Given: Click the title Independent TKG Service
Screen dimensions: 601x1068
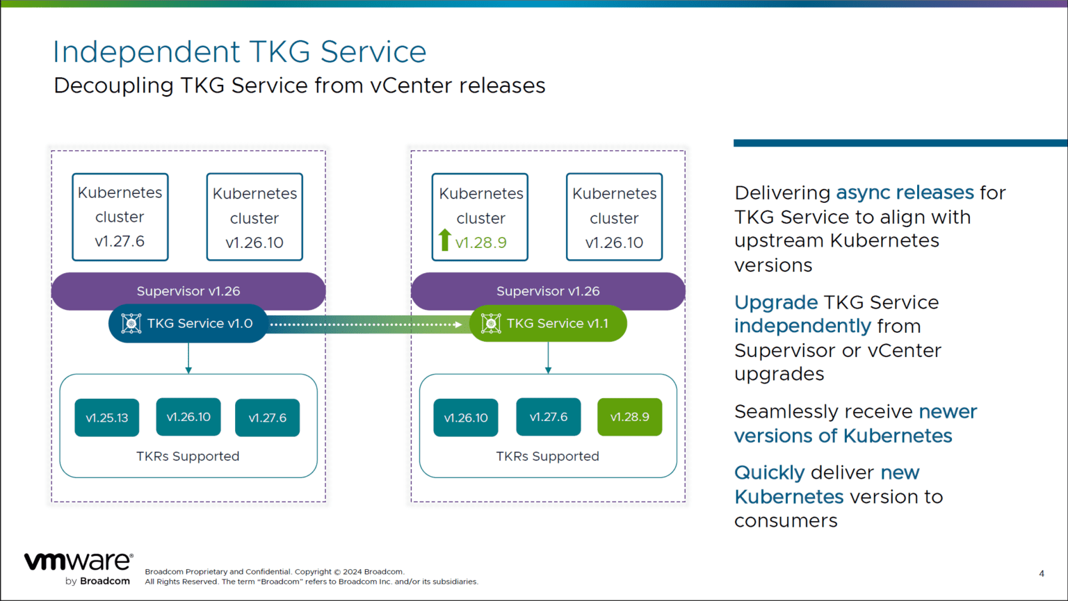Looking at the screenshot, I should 239,52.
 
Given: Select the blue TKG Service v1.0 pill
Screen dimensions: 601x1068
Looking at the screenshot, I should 188,324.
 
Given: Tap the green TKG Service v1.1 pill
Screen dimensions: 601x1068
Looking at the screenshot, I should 548,324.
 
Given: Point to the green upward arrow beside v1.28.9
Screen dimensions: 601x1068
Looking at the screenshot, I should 445,240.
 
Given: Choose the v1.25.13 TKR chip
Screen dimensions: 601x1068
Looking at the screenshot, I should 107,418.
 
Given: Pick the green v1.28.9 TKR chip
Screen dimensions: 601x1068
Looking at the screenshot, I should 629,417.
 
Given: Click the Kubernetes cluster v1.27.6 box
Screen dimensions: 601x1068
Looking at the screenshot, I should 120,217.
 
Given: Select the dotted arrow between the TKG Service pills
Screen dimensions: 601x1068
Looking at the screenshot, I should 366,324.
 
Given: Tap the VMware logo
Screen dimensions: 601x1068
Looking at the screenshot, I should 78,561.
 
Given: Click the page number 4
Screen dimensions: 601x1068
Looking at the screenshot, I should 1041,573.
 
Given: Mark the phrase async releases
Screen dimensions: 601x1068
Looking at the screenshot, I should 905,192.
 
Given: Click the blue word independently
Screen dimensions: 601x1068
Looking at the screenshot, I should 802,326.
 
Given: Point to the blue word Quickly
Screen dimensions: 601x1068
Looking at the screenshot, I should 769,472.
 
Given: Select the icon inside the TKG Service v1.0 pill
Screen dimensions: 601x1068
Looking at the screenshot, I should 131,324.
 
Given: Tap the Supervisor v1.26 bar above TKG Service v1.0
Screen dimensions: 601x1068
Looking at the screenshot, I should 188,291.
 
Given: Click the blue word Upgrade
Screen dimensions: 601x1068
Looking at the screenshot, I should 776,302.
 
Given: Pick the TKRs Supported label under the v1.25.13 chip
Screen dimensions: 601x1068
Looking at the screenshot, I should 188,456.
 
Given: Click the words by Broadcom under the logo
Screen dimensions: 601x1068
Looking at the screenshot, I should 97,581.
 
